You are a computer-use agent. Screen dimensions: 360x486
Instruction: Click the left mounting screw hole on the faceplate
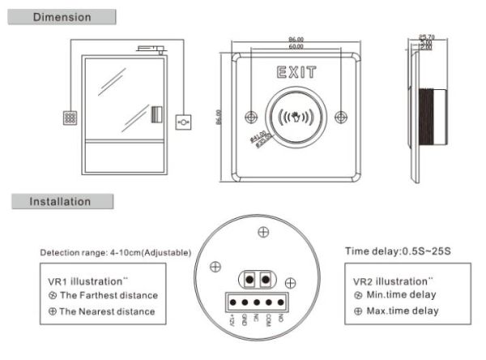[252, 115]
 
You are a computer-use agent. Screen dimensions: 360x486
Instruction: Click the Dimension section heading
[62, 17]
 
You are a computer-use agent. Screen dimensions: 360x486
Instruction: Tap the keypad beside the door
[71, 117]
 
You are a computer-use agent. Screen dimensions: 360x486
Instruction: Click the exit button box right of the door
[185, 122]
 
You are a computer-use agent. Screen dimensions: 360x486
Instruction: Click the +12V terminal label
[232, 322]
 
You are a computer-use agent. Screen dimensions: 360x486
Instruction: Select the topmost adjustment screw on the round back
[262, 233]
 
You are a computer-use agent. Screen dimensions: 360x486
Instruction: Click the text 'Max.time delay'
[403, 310]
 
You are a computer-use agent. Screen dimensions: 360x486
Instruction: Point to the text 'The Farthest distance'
[108, 295]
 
